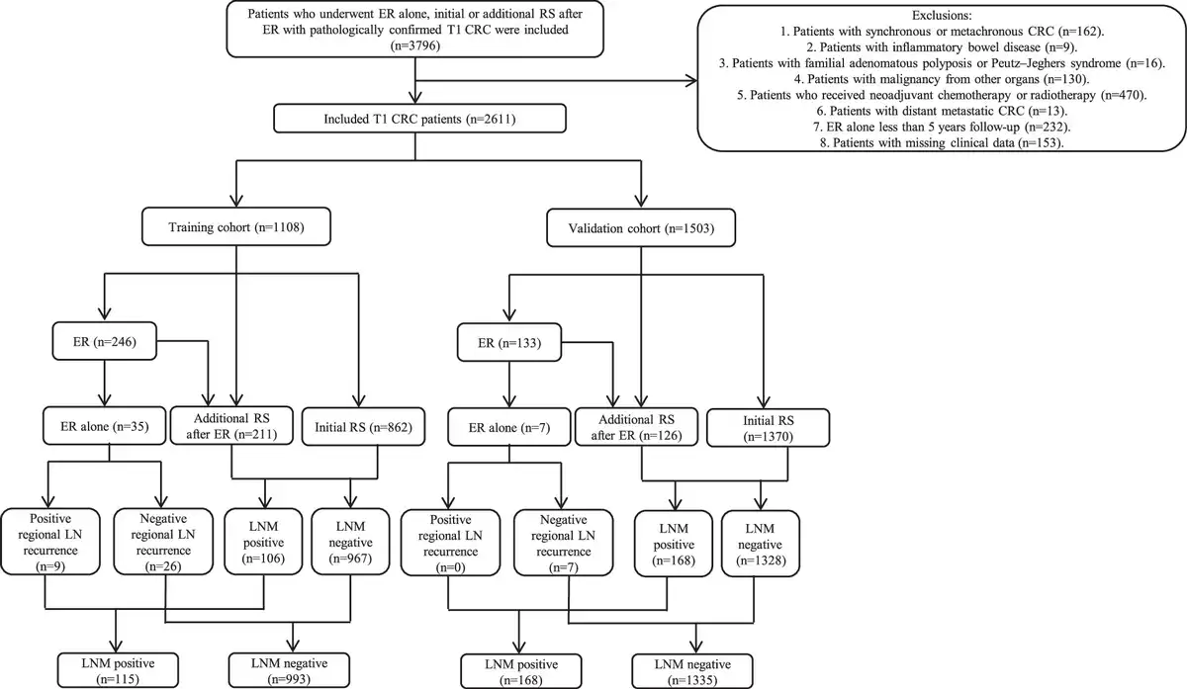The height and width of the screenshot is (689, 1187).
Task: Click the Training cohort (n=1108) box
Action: pyautogui.click(x=236, y=226)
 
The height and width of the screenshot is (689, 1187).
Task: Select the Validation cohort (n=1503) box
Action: pyautogui.click(x=641, y=227)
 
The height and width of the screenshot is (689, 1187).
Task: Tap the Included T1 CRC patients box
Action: pyautogui.click(x=419, y=119)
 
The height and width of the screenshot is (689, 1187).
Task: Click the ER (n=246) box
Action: pyautogui.click(x=105, y=341)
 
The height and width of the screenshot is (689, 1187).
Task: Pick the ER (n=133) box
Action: pyautogui.click(x=509, y=343)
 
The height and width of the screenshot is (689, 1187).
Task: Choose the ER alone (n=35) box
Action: pyautogui.click(x=105, y=426)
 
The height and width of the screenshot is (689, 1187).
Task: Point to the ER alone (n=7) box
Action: pyautogui.click(x=509, y=427)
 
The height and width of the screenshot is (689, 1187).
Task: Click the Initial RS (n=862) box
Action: pyautogui.click(x=364, y=426)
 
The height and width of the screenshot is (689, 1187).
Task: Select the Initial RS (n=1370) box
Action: pyautogui.click(x=769, y=428)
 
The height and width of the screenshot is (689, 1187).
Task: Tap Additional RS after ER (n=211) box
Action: pyautogui.click(x=231, y=426)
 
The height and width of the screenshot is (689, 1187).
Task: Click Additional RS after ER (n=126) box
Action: pyautogui.click(x=636, y=427)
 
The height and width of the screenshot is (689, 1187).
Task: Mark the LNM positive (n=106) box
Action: pyautogui.click(x=263, y=542)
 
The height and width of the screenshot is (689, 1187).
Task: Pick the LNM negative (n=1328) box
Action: pyautogui.click(x=761, y=544)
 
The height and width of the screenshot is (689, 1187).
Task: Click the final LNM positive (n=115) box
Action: pyautogui.click(x=118, y=670)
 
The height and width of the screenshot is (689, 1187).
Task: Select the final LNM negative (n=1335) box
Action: pyautogui.click(x=692, y=671)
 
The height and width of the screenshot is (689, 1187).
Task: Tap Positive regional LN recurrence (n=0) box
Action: pyautogui.click(x=450, y=543)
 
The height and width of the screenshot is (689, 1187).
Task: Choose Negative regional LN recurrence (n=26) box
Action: pyautogui.click(x=163, y=542)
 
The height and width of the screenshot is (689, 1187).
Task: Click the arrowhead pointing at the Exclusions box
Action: pyautogui.click(x=691, y=80)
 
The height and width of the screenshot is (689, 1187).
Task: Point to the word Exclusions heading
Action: pyautogui.click(x=941, y=16)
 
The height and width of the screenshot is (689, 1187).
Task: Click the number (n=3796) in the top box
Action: pyautogui.click(x=414, y=45)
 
